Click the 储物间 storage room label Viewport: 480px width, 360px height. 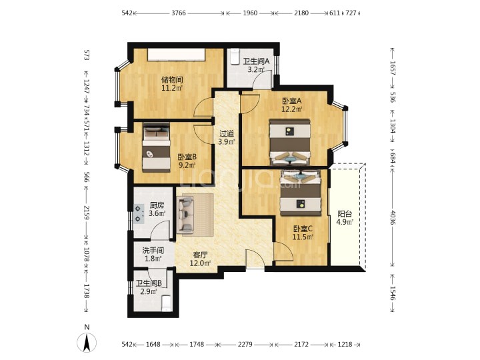tap(172, 80)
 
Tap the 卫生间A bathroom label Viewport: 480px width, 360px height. tap(256, 61)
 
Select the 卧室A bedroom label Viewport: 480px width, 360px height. tap(292, 101)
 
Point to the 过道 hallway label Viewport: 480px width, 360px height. tap(227, 134)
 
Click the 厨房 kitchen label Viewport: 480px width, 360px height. tap(157, 205)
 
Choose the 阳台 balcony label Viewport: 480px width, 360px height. tap(345, 214)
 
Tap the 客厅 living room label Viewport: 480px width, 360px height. tap(200, 255)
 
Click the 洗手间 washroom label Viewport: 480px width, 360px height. tap(153, 251)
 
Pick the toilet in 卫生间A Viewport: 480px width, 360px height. tap(235, 57)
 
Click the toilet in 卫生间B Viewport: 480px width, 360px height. tap(166, 303)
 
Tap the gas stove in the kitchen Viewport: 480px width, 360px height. tap(139, 213)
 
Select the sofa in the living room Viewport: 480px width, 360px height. tap(186, 214)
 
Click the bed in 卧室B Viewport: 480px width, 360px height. tap(156, 147)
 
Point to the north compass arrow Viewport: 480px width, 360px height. tap(87, 342)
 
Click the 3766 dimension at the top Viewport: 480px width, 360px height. tap(179, 13)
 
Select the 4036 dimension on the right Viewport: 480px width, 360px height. tap(393, 217)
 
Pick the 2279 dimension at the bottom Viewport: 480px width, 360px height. tap(245, 345)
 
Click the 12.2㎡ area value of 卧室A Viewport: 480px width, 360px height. tap(292, 109)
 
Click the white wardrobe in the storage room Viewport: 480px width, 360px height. tap(176, 55)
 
